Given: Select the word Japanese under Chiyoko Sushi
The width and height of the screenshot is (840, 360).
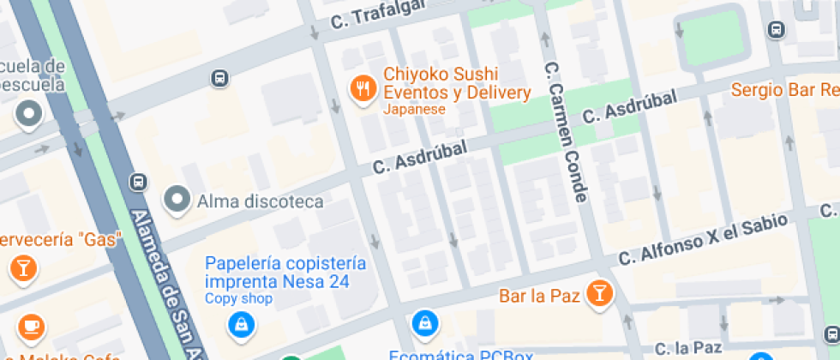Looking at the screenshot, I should [414, 110].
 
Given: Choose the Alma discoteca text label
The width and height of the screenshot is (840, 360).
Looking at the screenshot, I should [260, 202].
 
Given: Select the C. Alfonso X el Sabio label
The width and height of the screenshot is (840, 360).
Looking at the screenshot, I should [703, 238].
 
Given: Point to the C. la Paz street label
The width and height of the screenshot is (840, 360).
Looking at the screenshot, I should [688, 348].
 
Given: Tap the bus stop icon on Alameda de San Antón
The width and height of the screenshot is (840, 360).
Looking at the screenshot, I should [137, 182].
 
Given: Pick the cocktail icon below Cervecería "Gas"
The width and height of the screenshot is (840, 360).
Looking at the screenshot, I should [22, 268].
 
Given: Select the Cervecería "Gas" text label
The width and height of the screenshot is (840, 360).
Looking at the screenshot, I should [60, 239].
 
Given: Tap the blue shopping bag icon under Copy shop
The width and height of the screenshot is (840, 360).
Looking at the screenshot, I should [241, 324].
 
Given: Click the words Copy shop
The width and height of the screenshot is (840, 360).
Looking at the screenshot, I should [238, 299].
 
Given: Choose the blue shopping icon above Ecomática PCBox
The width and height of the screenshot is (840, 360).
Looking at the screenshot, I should [424, 322].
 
